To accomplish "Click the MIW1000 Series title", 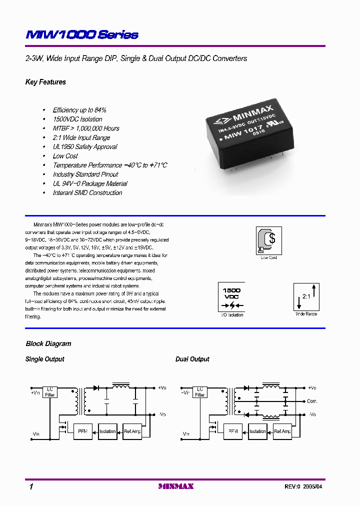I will (x=82, y=35).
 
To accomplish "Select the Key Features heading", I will (x=45, y=82).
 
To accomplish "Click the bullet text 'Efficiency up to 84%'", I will (x=79, y=110).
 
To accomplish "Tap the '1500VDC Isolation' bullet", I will (x=77, y=119).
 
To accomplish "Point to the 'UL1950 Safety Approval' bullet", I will (x=85, y=147).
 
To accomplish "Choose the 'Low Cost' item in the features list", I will (x=65, y=156).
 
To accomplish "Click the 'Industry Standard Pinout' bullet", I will (x=85, y=174).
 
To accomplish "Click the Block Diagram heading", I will (x=48, y=344).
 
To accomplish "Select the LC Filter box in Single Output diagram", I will (x=50, y=392).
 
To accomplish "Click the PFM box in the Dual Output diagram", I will (x=233, y=431).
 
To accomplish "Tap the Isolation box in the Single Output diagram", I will (x=107, y=431).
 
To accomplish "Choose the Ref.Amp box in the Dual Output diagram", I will (x=282, y=431).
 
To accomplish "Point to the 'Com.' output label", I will (x=312, y=401).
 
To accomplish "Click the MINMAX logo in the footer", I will (x=176, y=486).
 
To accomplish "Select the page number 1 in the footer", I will (x=31, y=486).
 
